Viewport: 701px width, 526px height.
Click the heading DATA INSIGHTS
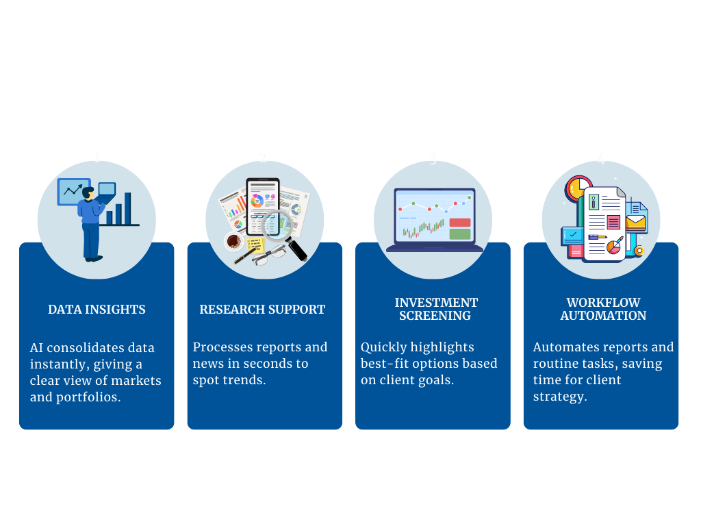pos(97,310)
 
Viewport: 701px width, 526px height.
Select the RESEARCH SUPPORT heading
pos(262,310)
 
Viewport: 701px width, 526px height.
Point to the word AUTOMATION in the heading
pos(603,316)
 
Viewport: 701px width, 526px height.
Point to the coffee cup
pos(233,241)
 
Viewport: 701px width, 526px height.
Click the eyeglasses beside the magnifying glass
pos(266,255)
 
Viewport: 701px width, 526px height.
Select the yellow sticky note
pos(255,245)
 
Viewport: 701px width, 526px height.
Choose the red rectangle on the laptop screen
pos(460,223)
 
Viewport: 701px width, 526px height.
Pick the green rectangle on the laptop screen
pos(460,234)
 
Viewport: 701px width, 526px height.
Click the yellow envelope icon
pos(636,223)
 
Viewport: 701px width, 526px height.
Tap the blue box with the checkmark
pos(572,235)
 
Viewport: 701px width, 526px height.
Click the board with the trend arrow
pos(73,191)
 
